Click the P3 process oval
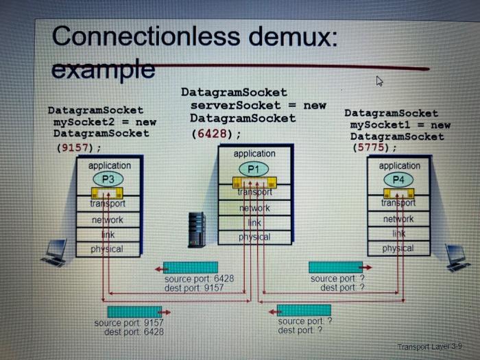(x=108, y=179)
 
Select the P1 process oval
(x=254, y=168)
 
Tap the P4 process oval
(x=398, y=179)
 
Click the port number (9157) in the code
(x=77, y=147)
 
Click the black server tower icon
(x=197, y=229)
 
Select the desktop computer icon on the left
(x=56, y=252)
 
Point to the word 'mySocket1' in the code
(x=379, y=125)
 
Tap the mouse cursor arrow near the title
(x=379, y=82)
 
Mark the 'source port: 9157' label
(x=129, y=323)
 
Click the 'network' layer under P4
(x=398, y=218)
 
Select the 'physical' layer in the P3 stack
(x=107, y=249)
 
